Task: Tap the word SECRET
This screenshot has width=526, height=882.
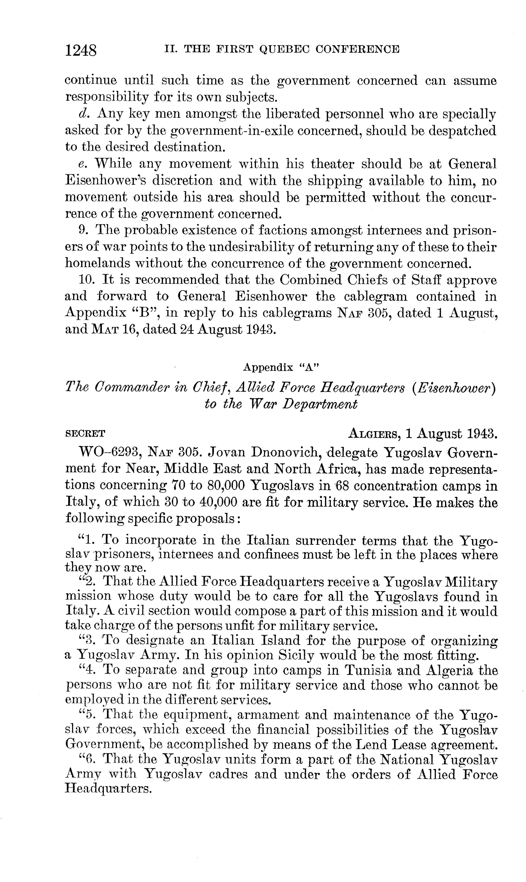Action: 85,434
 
